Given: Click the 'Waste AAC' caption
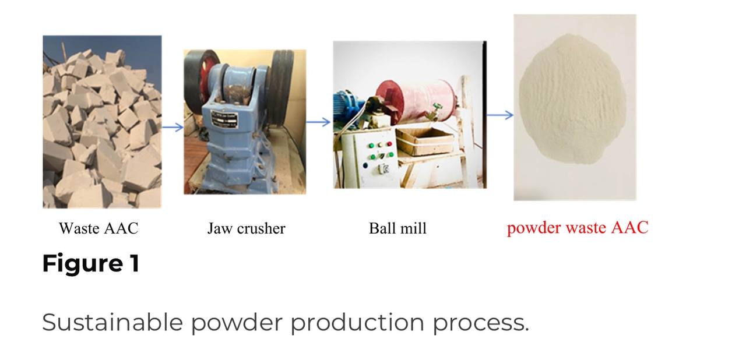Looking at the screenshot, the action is pyautogui.click(x=98, y=228).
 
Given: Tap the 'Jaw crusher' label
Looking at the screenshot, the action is pyautogui.click(x=247, y=228).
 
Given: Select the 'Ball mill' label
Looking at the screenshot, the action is pyautogui.click(x=397, y=228).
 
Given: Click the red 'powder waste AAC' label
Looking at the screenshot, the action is pyautogui.click(x=578, y=228).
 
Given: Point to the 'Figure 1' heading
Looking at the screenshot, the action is pyautogui.click(x=90, y=263).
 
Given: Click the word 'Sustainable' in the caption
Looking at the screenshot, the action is pyautogui.click(x=112, y=322).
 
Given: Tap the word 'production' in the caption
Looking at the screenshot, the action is pyautogui.click(x=358, y=323).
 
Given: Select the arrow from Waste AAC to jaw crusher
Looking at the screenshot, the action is pyautogui.click(x=173, y=127).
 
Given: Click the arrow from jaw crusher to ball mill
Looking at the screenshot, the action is pyautogui.click(x=318, y=122).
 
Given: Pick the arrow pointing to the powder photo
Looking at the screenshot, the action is pyautogui.click(x=500, y=115).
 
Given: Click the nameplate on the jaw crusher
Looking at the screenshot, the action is pyautogui.click(x=224, y=119).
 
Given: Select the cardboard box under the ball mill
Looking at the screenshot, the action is pyautogui.click(x=425, y=142).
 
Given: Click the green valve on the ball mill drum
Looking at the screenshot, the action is pyautogui.click(x=434, y=111).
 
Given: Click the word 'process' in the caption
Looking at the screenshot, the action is pyautogui.click(x=481, y=323).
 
